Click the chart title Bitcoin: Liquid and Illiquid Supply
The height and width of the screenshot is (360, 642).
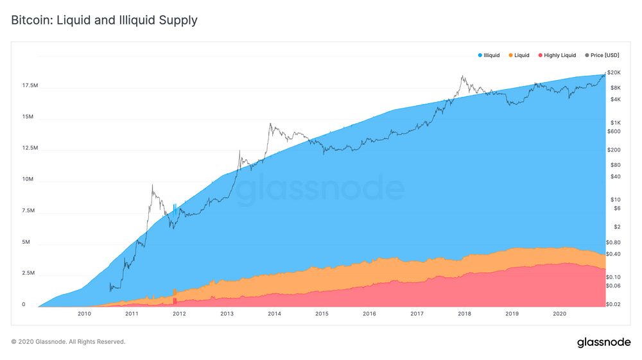tap(104, 20)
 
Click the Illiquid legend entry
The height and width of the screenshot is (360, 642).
tap(493, 56)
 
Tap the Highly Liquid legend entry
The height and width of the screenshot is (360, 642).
tap(559, 56)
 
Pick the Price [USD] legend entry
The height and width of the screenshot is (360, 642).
tap(604, 56)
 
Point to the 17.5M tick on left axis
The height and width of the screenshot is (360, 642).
tap(30, 86)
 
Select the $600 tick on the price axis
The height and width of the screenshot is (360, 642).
tap(614, 132)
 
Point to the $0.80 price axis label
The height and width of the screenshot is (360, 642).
tap(614, 242)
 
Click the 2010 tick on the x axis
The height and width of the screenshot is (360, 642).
tap(84, 314)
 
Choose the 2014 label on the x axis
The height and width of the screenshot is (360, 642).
tap(274, 314)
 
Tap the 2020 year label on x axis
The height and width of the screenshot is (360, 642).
tap(559, 314)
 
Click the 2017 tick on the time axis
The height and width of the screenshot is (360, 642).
tap(417, 314)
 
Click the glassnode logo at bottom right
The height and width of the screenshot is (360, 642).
tap(603, 342)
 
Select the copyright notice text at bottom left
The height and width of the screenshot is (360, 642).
tap(68, 342)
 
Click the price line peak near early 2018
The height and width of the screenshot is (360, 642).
tap(462, 76)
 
